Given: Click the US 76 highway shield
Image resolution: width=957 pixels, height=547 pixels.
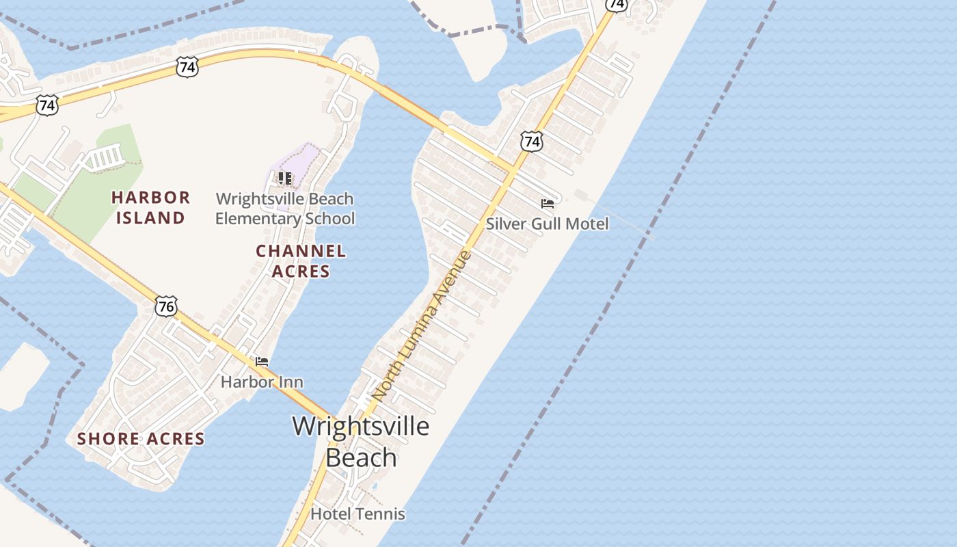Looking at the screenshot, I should point(165,306).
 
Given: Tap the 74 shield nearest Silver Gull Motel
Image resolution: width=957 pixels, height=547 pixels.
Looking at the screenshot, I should point(531,142).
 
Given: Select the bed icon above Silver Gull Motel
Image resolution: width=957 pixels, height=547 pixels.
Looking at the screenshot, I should point(547,204).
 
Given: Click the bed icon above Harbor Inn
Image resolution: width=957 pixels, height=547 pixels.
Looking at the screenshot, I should point(261,362).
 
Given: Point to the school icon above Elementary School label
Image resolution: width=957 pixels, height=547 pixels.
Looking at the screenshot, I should point(285,178).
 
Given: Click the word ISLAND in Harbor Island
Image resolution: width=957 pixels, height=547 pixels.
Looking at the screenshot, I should point(150,218).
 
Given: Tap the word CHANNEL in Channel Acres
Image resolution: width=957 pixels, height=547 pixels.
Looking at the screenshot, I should point(301,251).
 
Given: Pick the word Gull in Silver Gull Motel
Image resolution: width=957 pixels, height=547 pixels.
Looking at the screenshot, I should point(550,224).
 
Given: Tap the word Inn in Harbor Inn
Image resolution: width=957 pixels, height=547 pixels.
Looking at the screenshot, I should point(289,382).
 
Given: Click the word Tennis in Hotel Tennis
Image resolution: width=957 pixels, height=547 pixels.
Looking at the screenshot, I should point(378,513).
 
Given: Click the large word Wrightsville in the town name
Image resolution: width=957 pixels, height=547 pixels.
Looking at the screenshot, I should point(361,426).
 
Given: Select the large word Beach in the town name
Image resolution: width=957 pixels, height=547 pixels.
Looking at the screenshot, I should point(361,457).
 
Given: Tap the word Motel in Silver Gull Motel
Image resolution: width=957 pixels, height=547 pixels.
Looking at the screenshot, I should point(587,224).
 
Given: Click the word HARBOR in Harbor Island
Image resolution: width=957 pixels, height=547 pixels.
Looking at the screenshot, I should point(150,198).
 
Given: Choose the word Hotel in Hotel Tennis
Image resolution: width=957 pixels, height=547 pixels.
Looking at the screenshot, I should point(329,513).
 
